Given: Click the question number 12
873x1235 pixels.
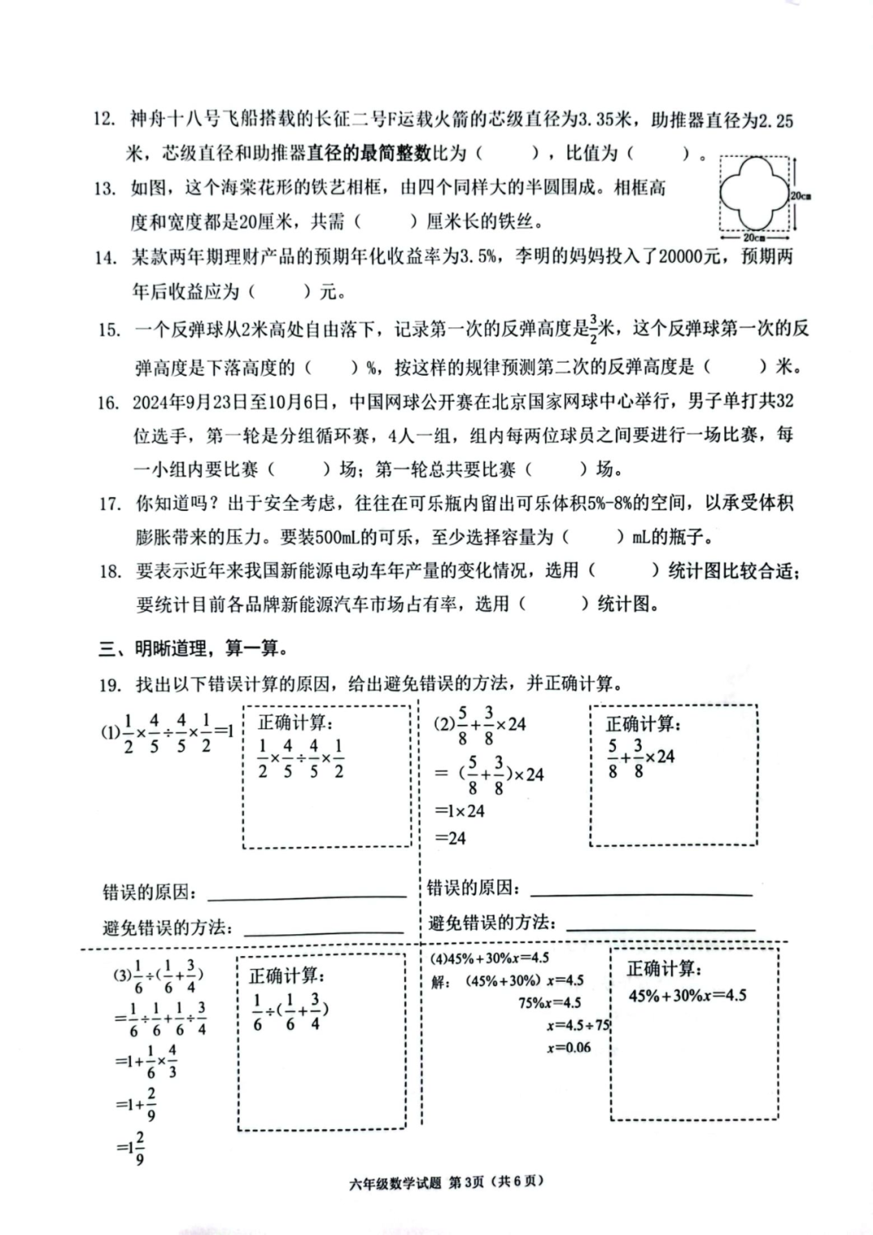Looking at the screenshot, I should (104, 120).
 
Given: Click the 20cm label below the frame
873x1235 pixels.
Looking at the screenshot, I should (754, 238).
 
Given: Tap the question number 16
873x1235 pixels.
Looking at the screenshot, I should (108, 402).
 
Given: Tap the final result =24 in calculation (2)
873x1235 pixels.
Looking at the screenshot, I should (451, 837).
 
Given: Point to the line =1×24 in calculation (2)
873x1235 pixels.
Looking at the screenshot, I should (460, 810).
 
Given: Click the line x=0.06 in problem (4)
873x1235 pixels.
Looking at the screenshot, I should (569, 1047).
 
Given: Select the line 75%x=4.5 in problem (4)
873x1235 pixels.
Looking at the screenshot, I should (550, 1003).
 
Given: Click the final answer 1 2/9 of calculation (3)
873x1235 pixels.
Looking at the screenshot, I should (130, 1148).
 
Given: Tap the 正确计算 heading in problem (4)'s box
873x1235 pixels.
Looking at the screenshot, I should (664, 968).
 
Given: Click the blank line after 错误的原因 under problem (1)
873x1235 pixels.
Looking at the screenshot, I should (307, 896).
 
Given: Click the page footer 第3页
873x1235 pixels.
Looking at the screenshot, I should (466, 1182).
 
